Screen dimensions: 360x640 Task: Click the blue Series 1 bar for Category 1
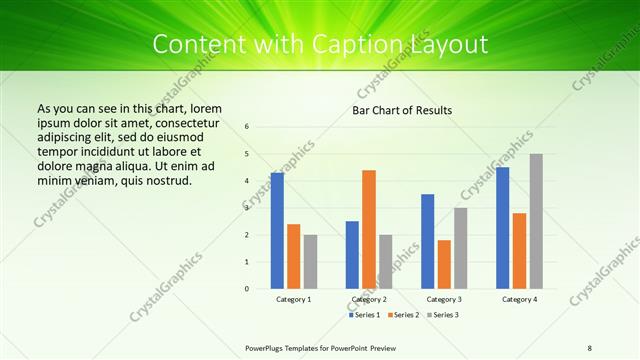(x=277, y=230)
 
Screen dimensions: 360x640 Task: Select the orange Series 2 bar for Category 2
(x=369, y=229)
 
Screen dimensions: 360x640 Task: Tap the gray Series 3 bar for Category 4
(x=536, y=221)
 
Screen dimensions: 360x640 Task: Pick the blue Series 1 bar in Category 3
(x=428, y=241)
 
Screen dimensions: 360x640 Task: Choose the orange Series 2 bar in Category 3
(x=444, y=264)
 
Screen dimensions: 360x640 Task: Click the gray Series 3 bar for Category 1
(x=310, y=261)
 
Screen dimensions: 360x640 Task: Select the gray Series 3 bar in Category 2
(x=386, y=261)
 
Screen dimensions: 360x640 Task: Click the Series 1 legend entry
(x=364, y=315)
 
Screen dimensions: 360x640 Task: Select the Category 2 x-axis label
(x=369, y=299)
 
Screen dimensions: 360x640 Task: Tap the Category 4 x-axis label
(x=519, y=299)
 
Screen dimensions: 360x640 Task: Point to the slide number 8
(x=590, y=346)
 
